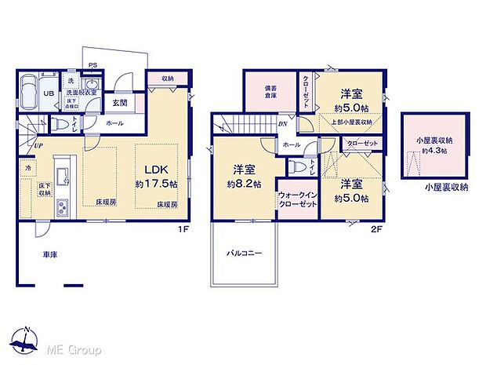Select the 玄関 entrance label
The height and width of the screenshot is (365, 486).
click(119, 102)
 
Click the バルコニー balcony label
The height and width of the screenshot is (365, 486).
click(245, 254)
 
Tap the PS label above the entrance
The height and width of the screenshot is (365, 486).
click(92, 65)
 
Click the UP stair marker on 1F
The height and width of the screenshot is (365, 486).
click(38, 146)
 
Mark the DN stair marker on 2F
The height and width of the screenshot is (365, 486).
click(282, 124)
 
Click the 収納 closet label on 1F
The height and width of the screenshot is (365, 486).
click(168, 78)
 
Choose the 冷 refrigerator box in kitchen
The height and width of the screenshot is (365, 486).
click(27, 168)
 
